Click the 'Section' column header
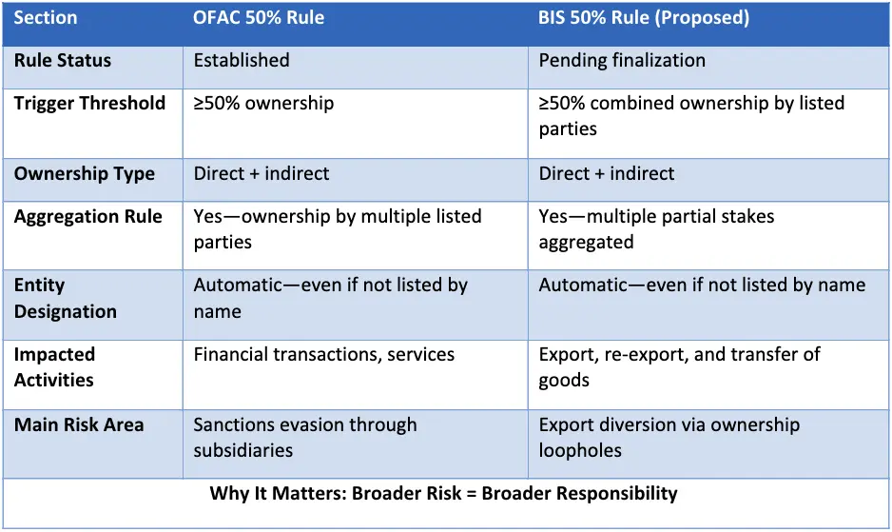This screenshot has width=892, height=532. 46,18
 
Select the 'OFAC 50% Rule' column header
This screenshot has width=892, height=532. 259,18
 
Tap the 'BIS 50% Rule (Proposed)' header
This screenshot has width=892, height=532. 644,18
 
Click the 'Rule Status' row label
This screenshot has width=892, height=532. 63,60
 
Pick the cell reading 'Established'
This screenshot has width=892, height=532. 242,60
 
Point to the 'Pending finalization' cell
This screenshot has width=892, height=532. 622,60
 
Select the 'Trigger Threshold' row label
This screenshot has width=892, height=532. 89,103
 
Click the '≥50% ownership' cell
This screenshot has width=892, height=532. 263,103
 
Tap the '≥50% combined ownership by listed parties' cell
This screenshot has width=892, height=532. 691,115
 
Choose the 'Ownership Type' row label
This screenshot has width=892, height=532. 85,174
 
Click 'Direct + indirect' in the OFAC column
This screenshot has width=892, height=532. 262,173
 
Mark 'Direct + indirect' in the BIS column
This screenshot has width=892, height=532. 607,173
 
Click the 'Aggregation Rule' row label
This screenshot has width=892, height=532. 88,216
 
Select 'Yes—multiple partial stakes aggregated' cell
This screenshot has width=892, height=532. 656,229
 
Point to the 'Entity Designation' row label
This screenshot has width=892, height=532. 66,298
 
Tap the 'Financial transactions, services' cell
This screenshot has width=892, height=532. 323,354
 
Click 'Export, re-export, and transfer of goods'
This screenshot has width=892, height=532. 679,366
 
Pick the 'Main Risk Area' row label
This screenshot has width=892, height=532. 79,424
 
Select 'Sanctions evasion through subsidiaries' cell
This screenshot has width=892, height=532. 305,438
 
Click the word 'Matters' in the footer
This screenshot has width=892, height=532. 308,493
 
